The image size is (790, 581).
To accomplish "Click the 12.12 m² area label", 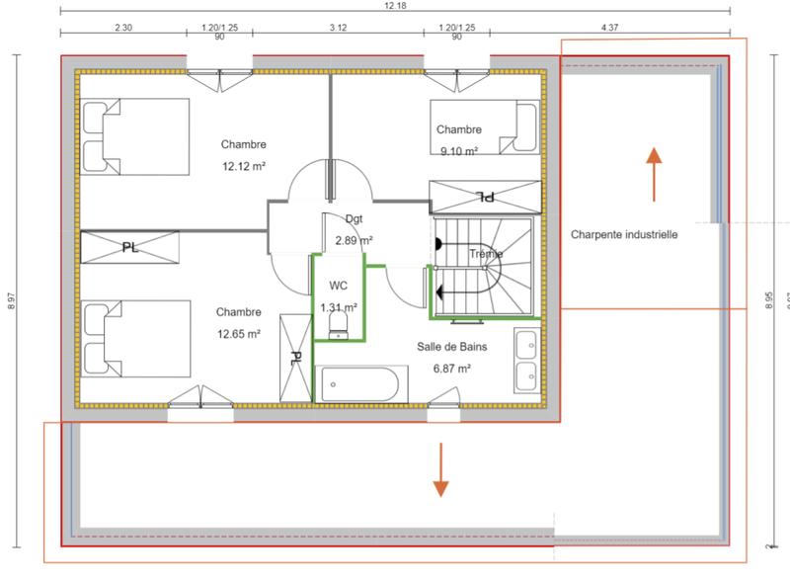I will [x=243, y=166].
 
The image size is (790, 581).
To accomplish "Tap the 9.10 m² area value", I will [x=458, y=151].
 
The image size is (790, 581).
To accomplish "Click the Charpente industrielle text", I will [x=624, y=235].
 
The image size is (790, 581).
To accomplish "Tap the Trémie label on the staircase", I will [x=486, y=254].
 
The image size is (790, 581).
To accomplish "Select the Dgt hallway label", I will [x=355, y=218].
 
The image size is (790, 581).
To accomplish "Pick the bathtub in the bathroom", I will [x=359, y=383].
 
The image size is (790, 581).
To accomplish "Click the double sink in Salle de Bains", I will [x=525, y=361].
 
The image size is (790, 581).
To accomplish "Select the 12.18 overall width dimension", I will [x=394, y=6].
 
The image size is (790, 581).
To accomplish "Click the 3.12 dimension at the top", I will [x=338, y=28].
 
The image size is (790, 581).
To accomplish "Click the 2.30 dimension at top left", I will [x=123, y=28].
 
